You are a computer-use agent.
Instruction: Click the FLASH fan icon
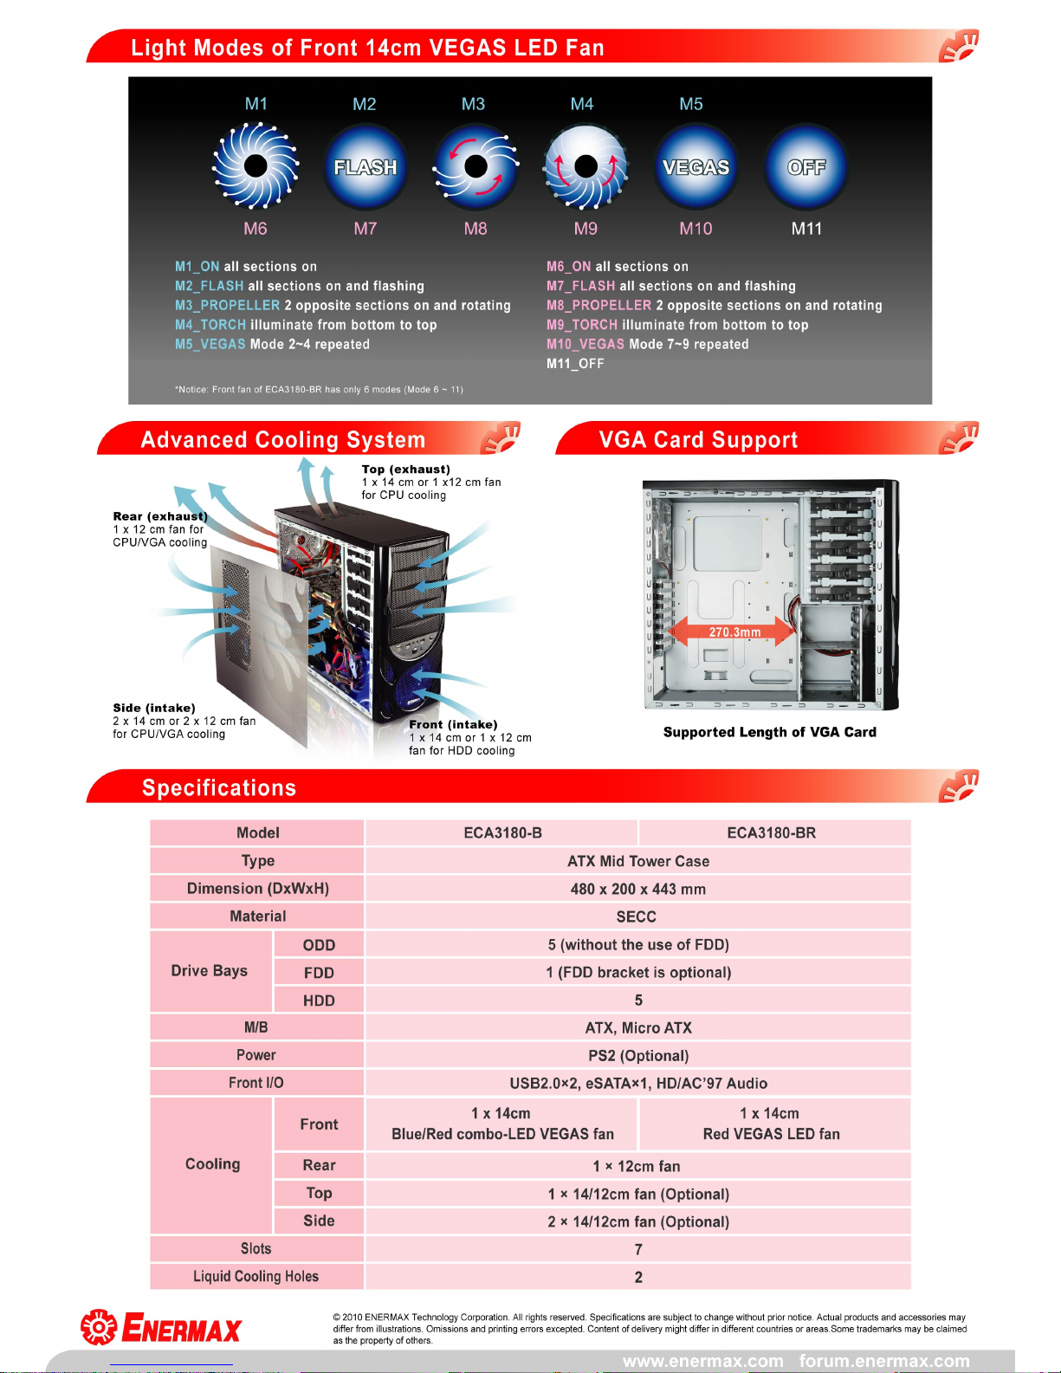coord(366,167)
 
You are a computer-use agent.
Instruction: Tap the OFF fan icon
coord(806,167)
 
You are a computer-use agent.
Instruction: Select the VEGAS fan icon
coord(696,167)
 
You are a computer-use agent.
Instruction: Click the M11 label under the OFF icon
coord(806,229)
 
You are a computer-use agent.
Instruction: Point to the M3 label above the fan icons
coord(473,104)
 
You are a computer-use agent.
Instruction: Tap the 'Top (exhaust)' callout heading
coord(405,470)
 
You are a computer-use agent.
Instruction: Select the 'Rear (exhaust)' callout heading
coord(160,516)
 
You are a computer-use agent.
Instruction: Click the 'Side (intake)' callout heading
coord(154,708)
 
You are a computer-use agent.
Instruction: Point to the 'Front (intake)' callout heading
coord(453,724)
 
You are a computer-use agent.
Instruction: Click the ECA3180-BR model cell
coord(771,832)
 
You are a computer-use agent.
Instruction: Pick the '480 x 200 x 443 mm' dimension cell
coord(637,889)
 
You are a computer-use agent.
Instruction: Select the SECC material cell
coord(637,916)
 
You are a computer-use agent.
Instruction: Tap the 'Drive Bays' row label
coord(210,971)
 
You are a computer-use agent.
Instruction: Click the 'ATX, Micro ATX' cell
coord(638,1027)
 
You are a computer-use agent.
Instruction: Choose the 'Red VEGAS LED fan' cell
coord(771,1134)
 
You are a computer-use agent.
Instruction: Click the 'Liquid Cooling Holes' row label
coord(256,1276)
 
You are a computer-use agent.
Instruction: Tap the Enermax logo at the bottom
coord(162,1327)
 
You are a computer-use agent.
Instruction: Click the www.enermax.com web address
coord(702,1361)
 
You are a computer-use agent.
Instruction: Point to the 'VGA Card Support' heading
coord(698,440)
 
